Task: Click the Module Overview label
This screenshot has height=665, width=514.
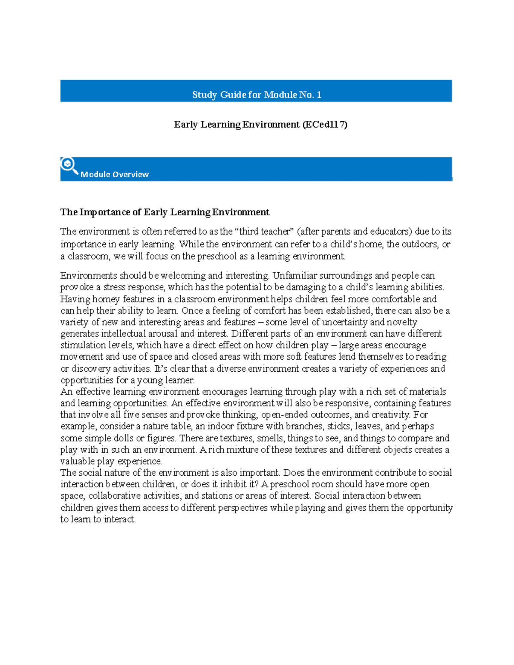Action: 114,174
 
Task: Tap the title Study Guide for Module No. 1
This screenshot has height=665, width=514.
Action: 256,95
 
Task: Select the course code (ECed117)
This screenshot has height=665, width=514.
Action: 325,125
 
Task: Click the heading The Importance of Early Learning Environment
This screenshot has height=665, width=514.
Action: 164,212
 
